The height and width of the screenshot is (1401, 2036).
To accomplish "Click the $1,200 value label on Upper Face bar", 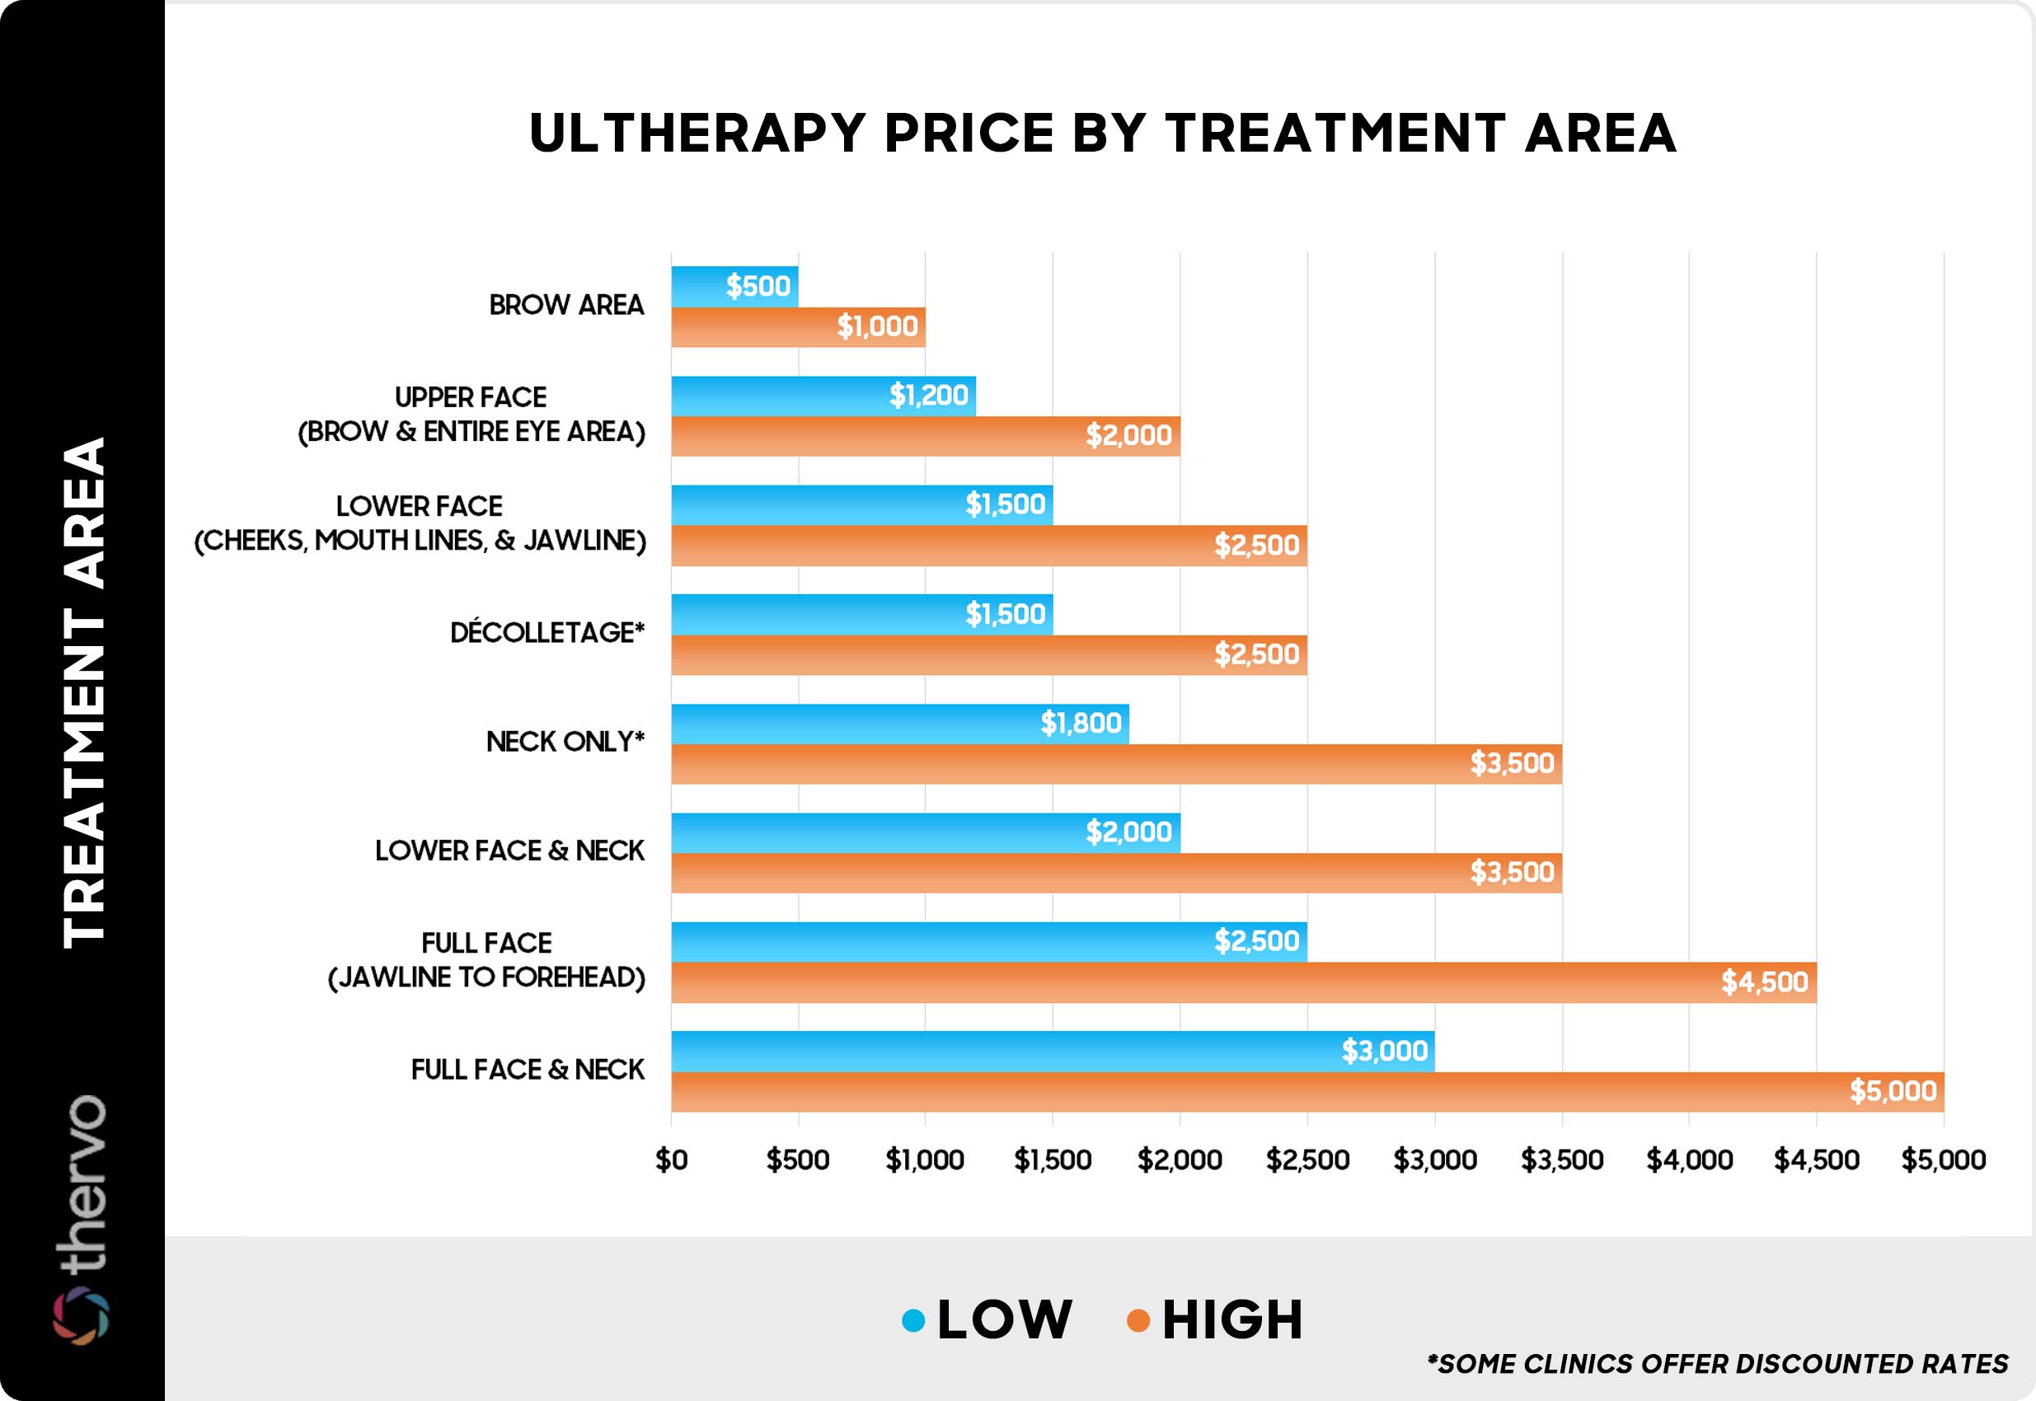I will [928, 396].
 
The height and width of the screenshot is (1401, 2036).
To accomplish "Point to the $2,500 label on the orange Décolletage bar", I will [1255, 654].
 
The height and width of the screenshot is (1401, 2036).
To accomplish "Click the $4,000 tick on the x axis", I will [1688, 1160].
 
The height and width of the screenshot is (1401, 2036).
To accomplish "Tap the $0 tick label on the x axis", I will [672, 1160].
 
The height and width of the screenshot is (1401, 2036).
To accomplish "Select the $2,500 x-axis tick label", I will [1307, 1160].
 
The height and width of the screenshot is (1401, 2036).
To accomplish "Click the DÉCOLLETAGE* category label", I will [547, 633].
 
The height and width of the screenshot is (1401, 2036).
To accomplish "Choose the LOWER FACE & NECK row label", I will [509, 850].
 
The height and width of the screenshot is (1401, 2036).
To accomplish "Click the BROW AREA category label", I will [566, 306].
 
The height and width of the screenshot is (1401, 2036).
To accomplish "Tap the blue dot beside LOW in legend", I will [913, 1320].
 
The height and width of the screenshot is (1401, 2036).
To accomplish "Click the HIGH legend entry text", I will [1231, 1320].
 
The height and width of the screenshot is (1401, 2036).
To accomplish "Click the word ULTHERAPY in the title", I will [698, 134].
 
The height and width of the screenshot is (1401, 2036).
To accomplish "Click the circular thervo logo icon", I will [81, 1316].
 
